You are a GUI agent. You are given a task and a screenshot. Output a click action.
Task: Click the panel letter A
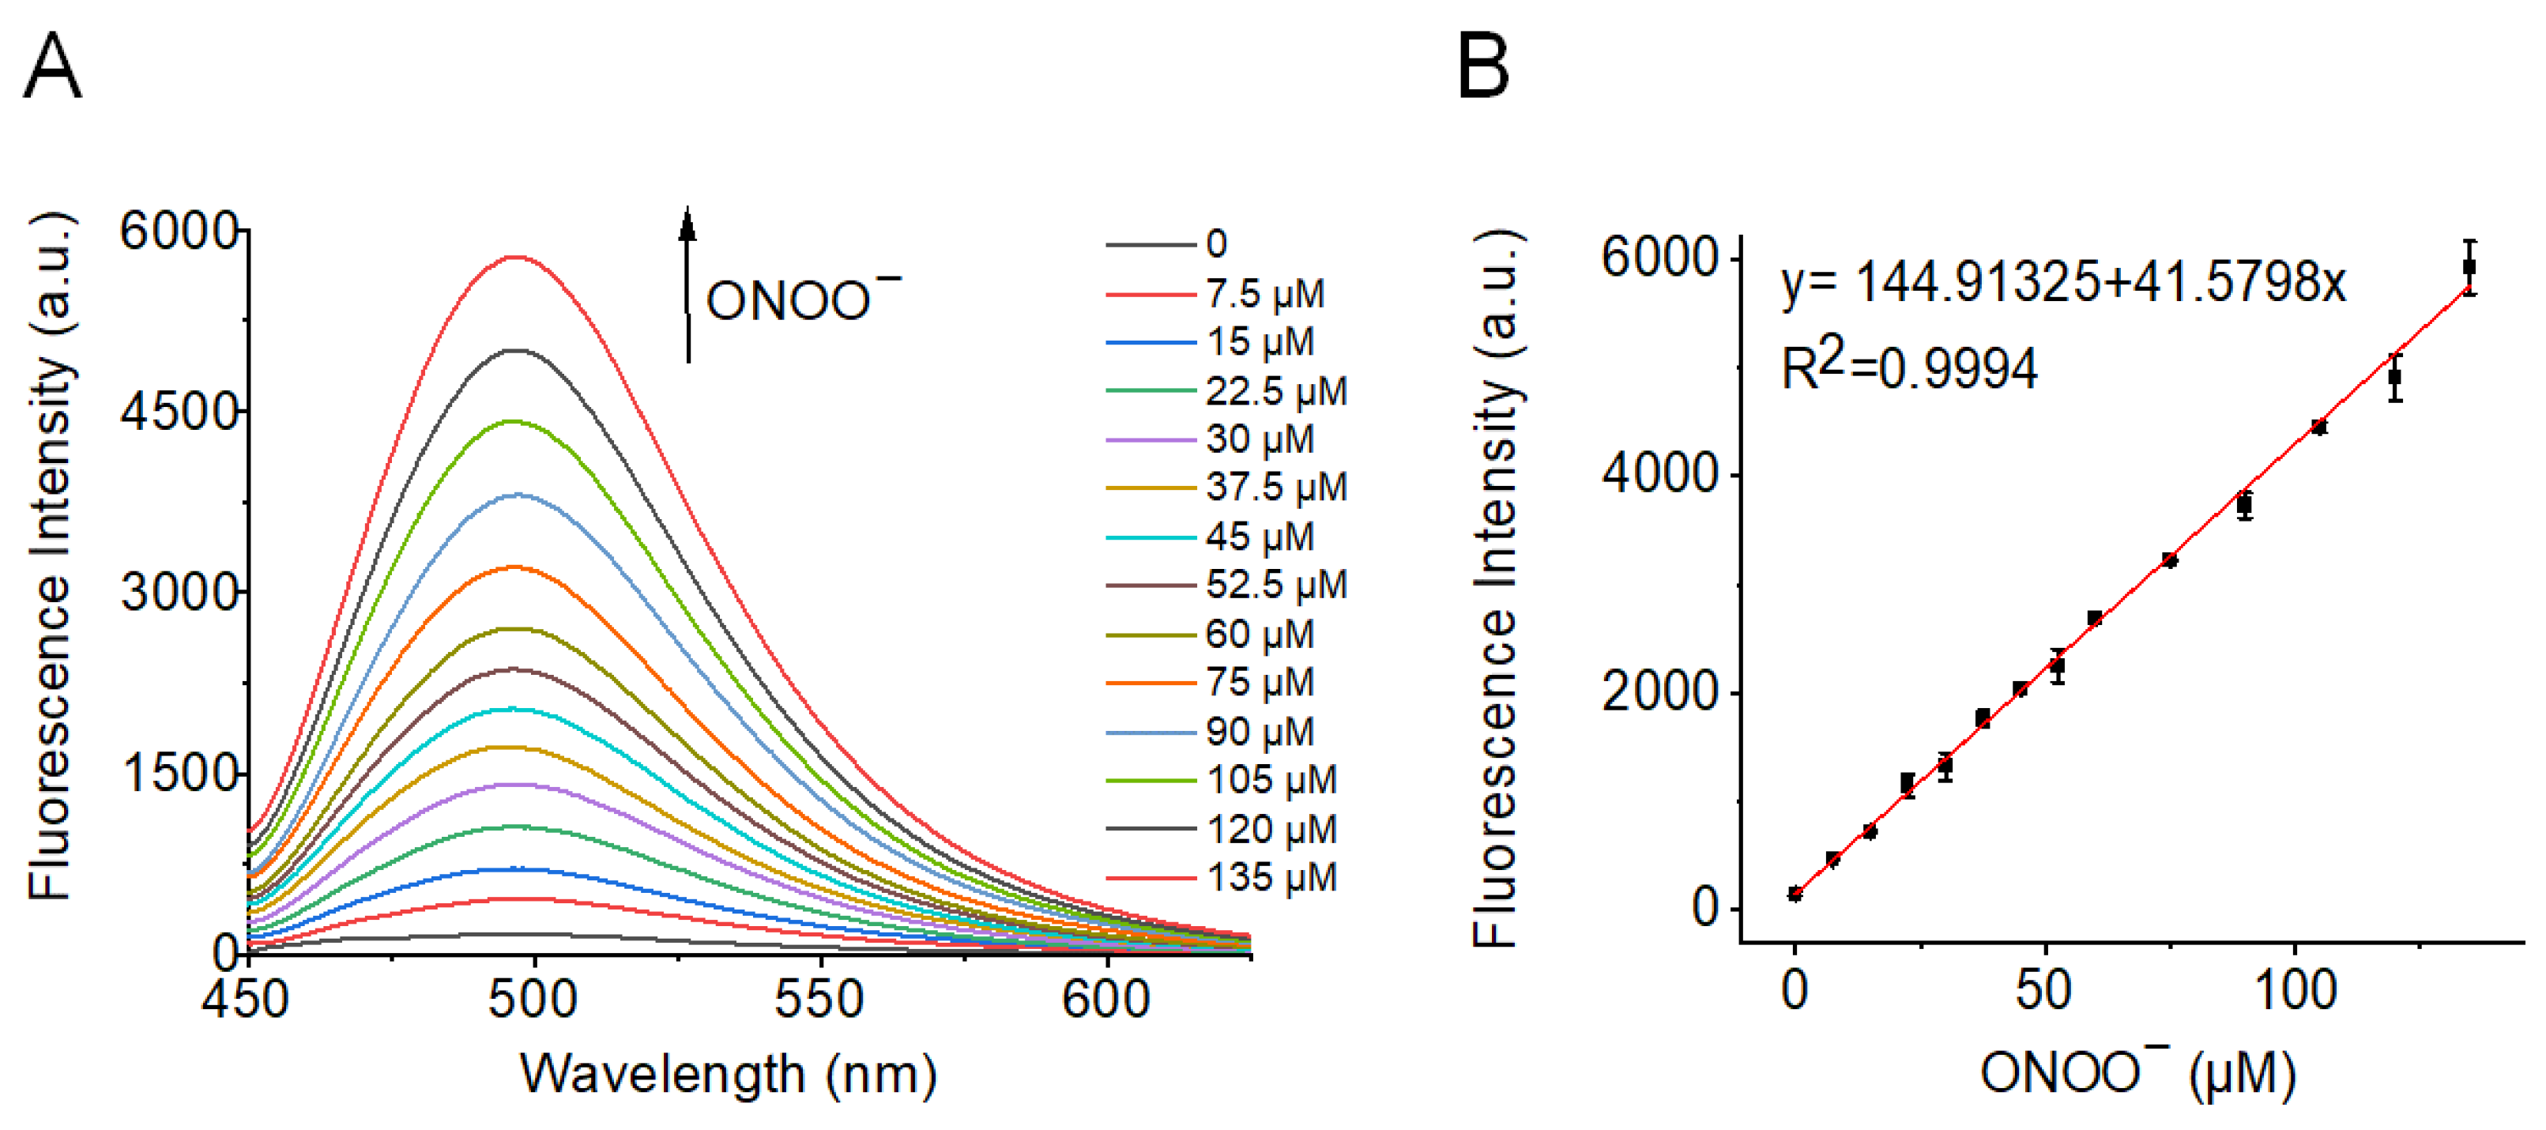(52, 66)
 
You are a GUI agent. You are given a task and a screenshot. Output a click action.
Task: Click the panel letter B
(1482, 66)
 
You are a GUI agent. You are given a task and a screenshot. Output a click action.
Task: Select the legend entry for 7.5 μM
(1215, 294)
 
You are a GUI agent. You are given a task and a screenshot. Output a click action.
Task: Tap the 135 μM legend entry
(1222, 877)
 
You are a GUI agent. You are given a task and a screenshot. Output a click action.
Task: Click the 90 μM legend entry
(1211, 732)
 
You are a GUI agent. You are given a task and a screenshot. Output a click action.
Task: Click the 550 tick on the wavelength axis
(819, 999)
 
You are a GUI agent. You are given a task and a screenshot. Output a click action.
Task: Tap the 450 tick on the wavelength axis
(245, 999)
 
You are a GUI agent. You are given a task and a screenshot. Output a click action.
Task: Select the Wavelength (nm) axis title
(729, 1075)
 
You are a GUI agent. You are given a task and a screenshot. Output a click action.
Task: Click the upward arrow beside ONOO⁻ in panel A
(687, 284)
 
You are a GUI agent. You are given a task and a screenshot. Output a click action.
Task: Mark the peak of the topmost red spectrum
(516, 257)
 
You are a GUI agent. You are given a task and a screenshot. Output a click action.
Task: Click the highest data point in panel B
(2469, 266)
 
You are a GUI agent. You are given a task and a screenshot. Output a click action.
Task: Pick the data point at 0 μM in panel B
(1795, 894)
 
